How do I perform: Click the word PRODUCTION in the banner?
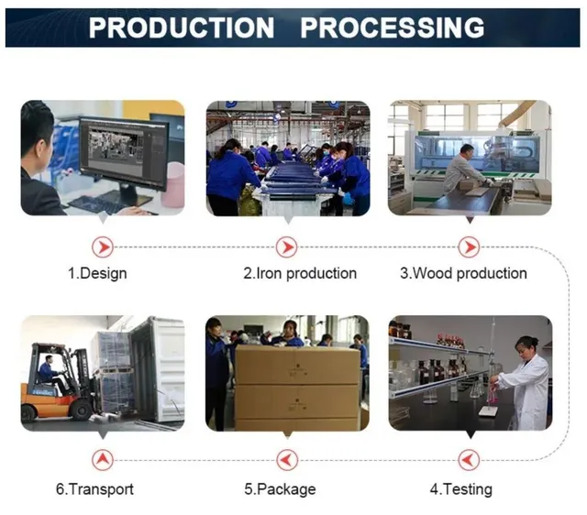[x=182, y=27]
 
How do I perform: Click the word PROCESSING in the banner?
[x=393, y=27]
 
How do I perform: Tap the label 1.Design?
[x=97, y=273]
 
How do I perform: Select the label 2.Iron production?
[x=300, y=273]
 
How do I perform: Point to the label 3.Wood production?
[x=463, y=273]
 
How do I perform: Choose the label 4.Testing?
[x=461, y=489]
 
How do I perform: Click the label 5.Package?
[x=280, y=489]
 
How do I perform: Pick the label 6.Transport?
[x=94, y=489]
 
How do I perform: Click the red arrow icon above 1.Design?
[x=103, y=247]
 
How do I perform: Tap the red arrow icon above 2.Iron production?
[x=287, y=247]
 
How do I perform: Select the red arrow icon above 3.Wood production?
[x=469, y=247]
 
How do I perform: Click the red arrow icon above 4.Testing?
[x=469, y=460]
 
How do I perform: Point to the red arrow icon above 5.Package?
[x=287, y=460]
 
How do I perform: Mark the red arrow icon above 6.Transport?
[x=103, y=460]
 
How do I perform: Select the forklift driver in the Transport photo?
[x=50, y=374]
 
